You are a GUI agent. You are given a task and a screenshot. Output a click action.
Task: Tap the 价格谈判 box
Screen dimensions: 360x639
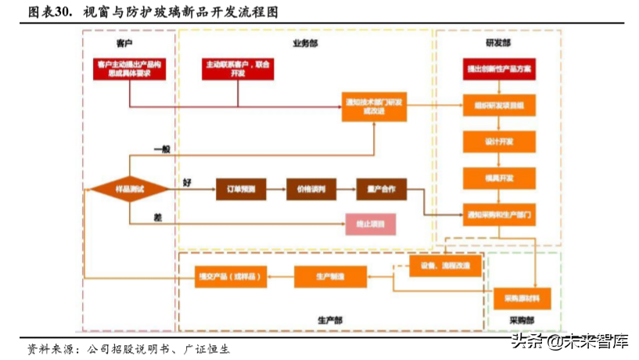pos(311,189)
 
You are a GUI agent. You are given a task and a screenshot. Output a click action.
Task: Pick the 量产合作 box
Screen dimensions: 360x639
pos(381,189)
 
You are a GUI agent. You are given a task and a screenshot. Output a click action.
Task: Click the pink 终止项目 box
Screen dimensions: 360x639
pos(371,225)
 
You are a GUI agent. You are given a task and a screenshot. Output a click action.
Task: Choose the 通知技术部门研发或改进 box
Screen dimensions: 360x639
pos(374,106)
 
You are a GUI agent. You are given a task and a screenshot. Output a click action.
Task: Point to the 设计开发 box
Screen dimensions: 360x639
pos(499,141)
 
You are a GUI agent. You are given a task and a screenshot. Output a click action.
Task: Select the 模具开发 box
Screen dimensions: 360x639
pos(499,178)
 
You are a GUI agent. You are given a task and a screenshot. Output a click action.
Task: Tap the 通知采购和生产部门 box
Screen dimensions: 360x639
pos(499,214)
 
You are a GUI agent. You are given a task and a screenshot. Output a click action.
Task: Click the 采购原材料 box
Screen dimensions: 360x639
pos(522,298)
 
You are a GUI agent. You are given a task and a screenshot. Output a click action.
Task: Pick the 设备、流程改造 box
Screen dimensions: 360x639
pos(444,267)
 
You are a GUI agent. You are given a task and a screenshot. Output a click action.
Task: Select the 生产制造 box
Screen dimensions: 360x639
pos(330,276)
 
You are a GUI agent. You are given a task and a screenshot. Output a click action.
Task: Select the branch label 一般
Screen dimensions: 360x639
pos(162,149)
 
